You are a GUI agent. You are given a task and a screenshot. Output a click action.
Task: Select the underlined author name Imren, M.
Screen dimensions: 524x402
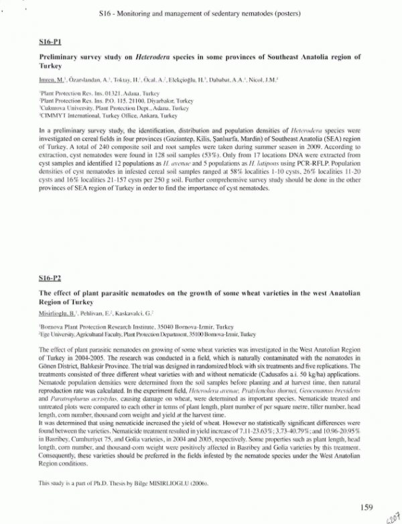[x=53, y=79]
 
